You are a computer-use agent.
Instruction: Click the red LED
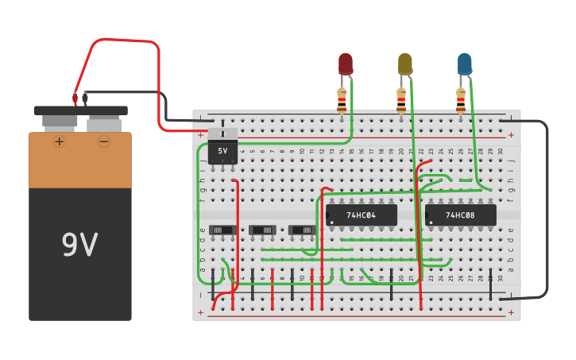tap(345, 64)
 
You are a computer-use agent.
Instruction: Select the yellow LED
tap(405, 64)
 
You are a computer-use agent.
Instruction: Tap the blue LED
tap(465, 64)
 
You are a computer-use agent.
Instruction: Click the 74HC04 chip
tap(361, 215)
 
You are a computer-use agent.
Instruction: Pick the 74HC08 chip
tap(461, 215)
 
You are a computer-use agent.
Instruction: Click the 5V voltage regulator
tap(222, 150)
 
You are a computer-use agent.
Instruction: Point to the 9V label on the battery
tap(80, 245)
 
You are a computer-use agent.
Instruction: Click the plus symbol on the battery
tap(60, 141)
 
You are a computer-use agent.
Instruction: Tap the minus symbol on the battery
tap(104, 141)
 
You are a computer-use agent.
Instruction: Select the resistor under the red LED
tap(342, 101)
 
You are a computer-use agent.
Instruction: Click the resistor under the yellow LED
tap(401, 101)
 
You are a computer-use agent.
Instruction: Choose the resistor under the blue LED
tap(461, 101)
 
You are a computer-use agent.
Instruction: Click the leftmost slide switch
tap(222, 230)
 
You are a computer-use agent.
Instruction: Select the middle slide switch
tap(262, 230)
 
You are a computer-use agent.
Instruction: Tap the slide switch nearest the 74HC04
tap(302, 230)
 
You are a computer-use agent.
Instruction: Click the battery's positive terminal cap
tap(60, 122)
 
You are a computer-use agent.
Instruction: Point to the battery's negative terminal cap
tap(104, 124)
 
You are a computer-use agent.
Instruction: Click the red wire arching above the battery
tap(127, 41)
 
